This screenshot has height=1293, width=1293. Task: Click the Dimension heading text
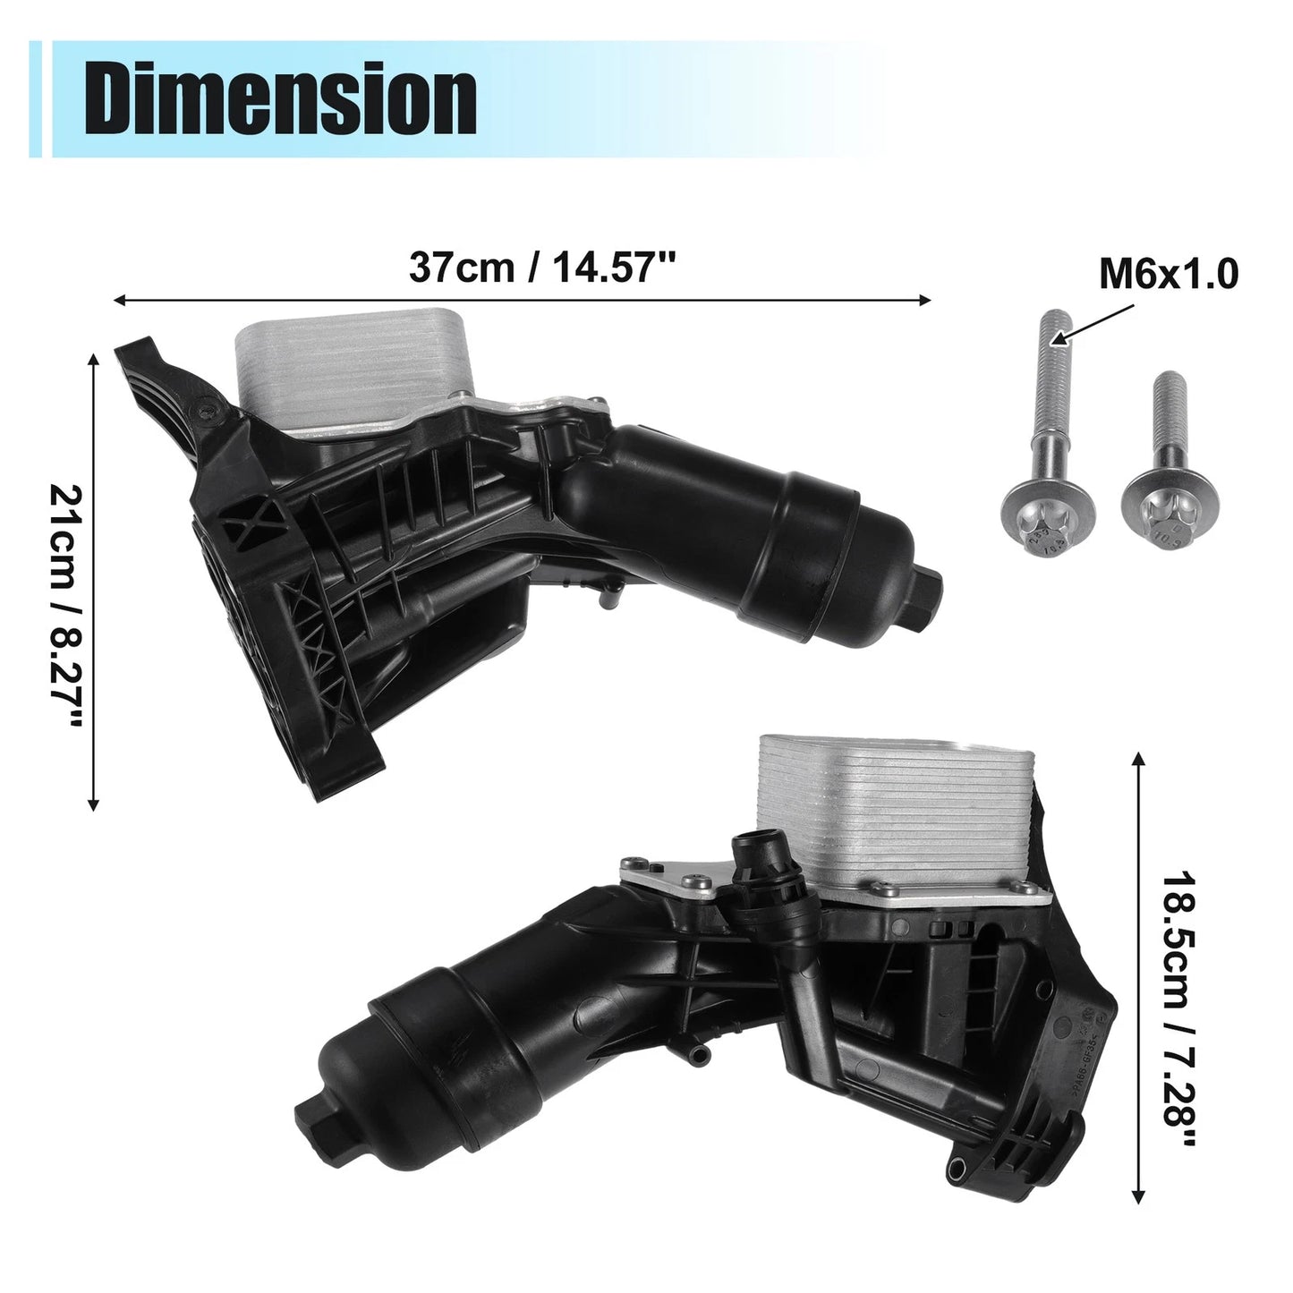[280, 99]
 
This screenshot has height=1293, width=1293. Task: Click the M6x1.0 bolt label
[1169, 275]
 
